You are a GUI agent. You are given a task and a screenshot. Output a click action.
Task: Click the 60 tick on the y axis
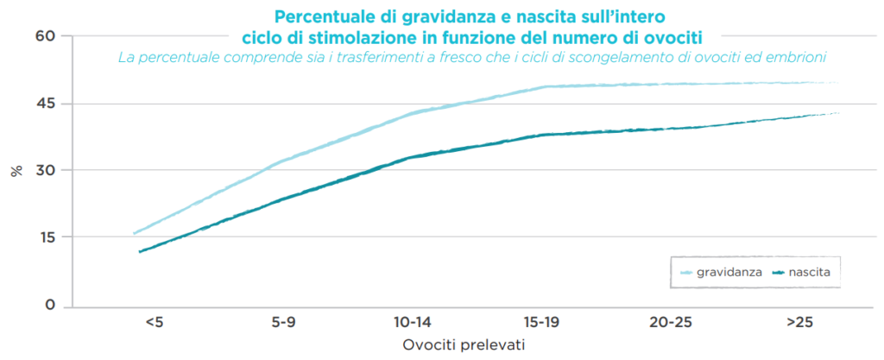pos(45,36)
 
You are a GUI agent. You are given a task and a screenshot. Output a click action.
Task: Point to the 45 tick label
pos(45,104)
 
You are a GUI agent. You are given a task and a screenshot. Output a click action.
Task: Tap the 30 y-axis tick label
pos(45,170)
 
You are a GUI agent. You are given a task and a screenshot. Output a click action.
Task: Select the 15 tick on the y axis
pos(45,237)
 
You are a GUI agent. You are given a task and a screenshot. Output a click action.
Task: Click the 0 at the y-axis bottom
pos(49,305)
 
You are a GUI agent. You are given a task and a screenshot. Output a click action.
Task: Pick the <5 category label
pos(154,323)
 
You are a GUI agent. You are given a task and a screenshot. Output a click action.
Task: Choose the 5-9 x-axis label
pos(284,323)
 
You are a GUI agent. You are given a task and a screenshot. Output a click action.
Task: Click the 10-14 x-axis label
pos(413,323)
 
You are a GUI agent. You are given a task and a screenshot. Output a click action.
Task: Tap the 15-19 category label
pos(542,323)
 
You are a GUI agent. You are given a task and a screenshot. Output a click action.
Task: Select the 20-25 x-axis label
pos(671,323)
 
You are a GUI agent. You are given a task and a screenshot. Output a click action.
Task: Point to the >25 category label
pos(799,323)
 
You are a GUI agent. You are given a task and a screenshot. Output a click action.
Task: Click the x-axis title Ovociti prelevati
pos(464,344)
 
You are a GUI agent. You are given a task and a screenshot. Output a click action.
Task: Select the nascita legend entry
pos(810,272)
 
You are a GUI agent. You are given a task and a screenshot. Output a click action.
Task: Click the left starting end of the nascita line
pos(140,251)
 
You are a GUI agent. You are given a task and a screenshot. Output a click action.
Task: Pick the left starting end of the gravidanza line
pos(135,233)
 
